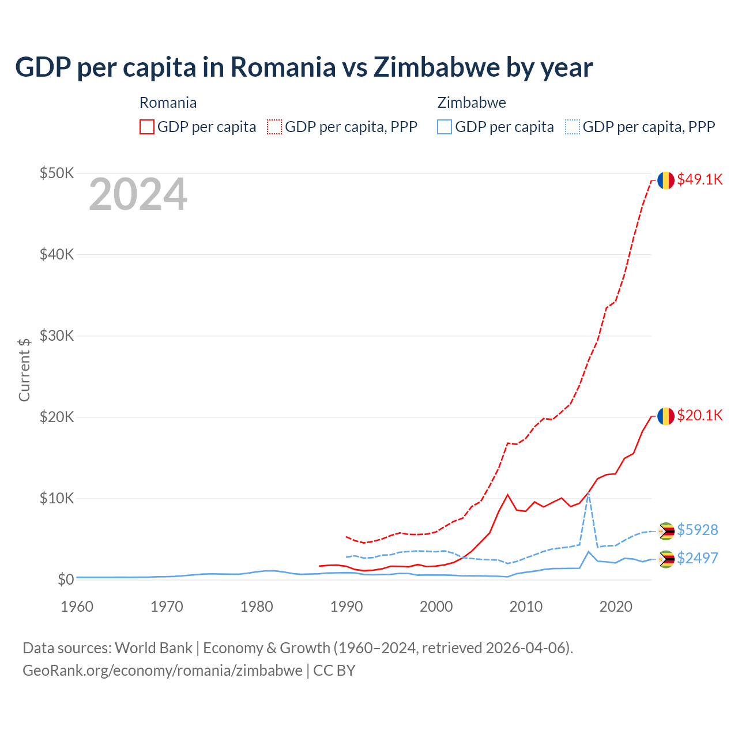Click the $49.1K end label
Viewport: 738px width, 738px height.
(x=699, y=179)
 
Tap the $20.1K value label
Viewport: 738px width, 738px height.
(x=699, y=415)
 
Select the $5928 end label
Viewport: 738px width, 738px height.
(x=697, y=530)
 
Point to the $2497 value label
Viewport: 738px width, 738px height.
(x=697, y=558)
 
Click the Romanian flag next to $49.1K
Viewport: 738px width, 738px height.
(x=666, y=180)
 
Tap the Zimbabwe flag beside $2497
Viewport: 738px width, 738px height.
(x=666, y=559)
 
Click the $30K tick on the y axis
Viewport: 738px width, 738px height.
(x=57, y=336)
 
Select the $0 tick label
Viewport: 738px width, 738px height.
(x=66, y=579)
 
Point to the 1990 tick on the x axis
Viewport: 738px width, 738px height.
(x=347, y=607)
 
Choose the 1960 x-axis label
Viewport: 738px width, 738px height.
(x=77, y=607)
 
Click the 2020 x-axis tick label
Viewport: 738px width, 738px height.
(x=616, y=607)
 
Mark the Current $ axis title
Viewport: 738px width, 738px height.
(x=24, y=370)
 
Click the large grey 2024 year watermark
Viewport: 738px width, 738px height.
(x=138, y=194)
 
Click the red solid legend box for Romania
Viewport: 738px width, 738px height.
(x=147, y=127)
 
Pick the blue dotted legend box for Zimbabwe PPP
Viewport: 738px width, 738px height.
(x=573, y=127)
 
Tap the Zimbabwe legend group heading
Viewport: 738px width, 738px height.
(x=472, y=103)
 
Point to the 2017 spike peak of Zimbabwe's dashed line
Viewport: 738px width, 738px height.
(x=588, y=494)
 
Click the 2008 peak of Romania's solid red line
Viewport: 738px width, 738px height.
(x=507, y=495)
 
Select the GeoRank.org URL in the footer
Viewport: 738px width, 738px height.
(x=163, y=671)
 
